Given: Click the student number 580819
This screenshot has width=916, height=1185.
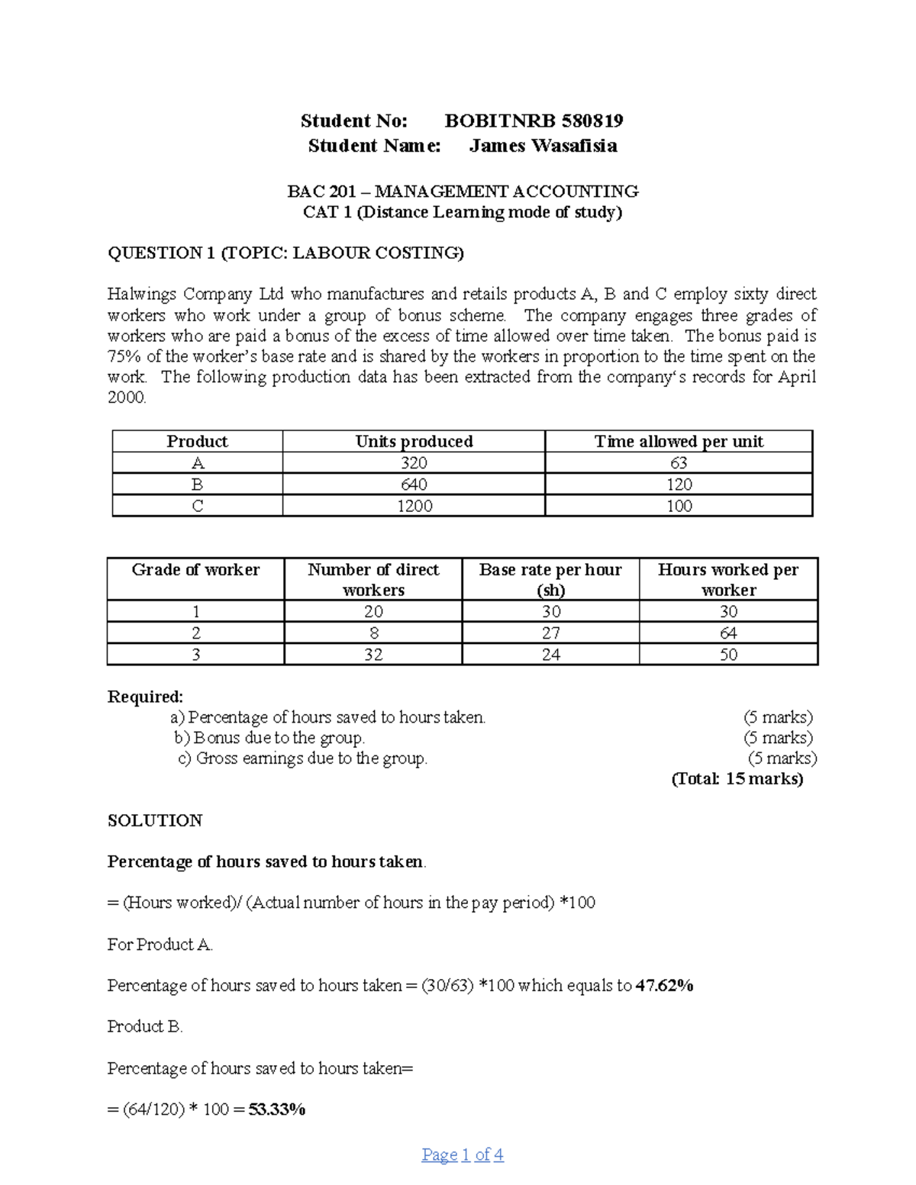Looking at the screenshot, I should tap(592, 121).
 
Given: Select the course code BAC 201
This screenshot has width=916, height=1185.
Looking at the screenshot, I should tap(321, 191).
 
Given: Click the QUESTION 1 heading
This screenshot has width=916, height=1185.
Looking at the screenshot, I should tap(285, 253).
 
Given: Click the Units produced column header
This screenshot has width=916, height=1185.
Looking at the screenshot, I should tap(414, 441).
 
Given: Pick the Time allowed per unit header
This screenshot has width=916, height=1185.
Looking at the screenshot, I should tap(679, 441).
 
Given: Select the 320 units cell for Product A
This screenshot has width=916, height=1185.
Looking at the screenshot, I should tap(414, 463).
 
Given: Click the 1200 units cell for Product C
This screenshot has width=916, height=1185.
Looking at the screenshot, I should tap(414, 506).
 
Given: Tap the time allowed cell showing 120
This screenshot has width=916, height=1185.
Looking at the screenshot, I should tap(679, 485).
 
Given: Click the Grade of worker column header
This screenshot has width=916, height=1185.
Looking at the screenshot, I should tap(195, 570).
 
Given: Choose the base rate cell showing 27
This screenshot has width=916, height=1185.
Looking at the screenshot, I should tap(550, 633).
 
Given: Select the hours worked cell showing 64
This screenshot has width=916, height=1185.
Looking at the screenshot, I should tap(728, 633).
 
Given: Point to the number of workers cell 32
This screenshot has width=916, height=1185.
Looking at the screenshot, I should tap(373, 655).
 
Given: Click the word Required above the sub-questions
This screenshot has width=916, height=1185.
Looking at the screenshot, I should tap(145, 697).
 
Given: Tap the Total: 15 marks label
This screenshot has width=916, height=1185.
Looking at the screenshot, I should tap(737, 779).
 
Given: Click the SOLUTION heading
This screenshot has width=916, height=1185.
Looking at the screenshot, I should tap(155, 820).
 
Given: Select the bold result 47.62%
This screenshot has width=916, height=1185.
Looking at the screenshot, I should tap(664, 986).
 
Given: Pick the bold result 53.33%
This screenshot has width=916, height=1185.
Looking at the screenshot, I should tap(277, 1109).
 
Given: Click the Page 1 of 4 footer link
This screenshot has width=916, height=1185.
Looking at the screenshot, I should tap(463, 1154).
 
